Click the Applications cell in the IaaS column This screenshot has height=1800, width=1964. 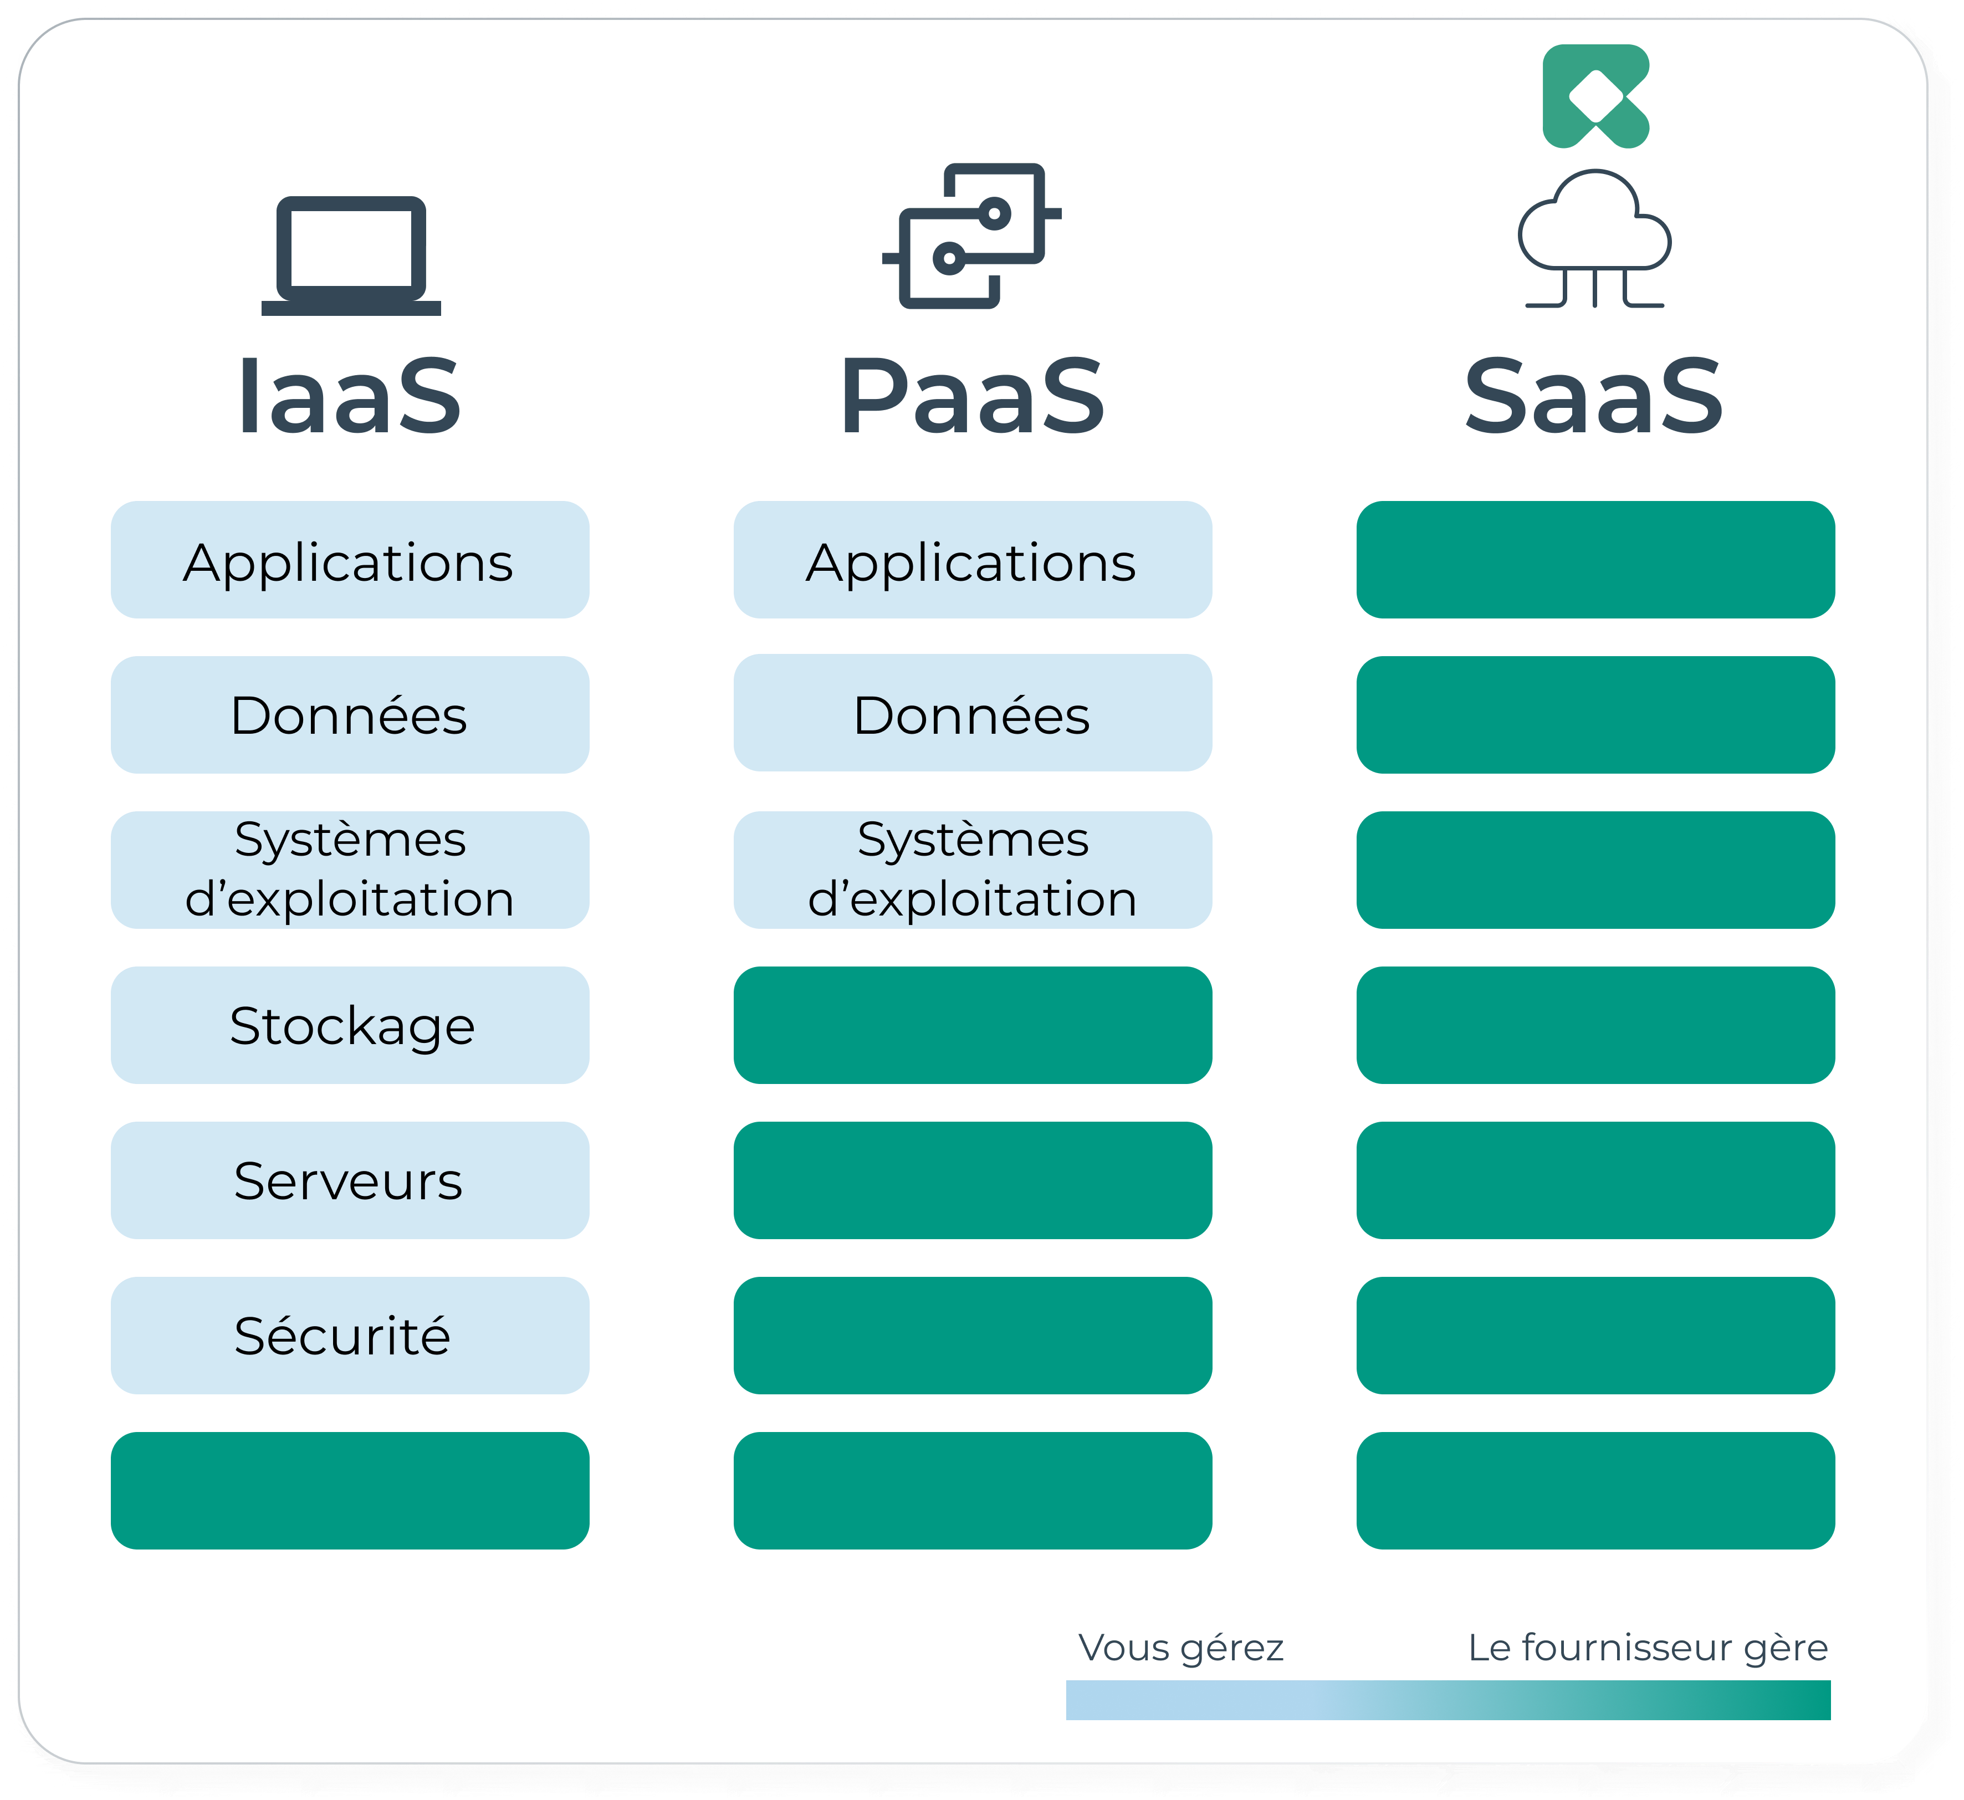(x=348, y=563)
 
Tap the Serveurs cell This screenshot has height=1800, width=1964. (x=348, y=1182)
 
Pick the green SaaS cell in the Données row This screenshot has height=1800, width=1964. (x=1598, y=717)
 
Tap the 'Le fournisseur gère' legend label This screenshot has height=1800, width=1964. (x=1646, y=1650)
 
